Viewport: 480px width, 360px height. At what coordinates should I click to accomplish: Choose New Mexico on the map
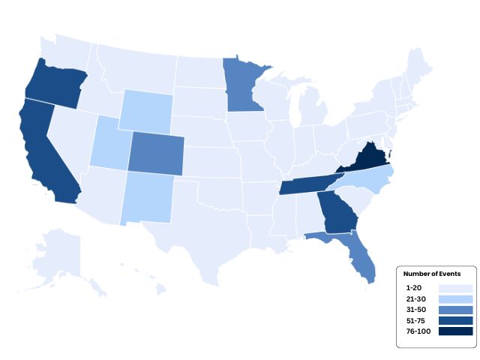pyautogui.click(x=146, y=197)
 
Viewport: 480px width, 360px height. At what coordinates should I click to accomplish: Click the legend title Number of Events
pyautogui.click(x=431, y=274)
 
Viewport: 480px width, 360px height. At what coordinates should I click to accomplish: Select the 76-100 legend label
pyautogui.click(x=418, y=331)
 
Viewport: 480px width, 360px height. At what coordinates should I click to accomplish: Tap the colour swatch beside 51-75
pyautogui.click(x=456, y=320)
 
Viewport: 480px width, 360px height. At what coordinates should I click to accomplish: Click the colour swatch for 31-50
pyautogui.click(x=456, y=310)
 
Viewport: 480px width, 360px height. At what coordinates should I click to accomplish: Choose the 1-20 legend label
pyautogui.click(x=413, y=288)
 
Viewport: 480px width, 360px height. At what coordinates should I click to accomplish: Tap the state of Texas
pyautogui.click(x=202, y=232)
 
